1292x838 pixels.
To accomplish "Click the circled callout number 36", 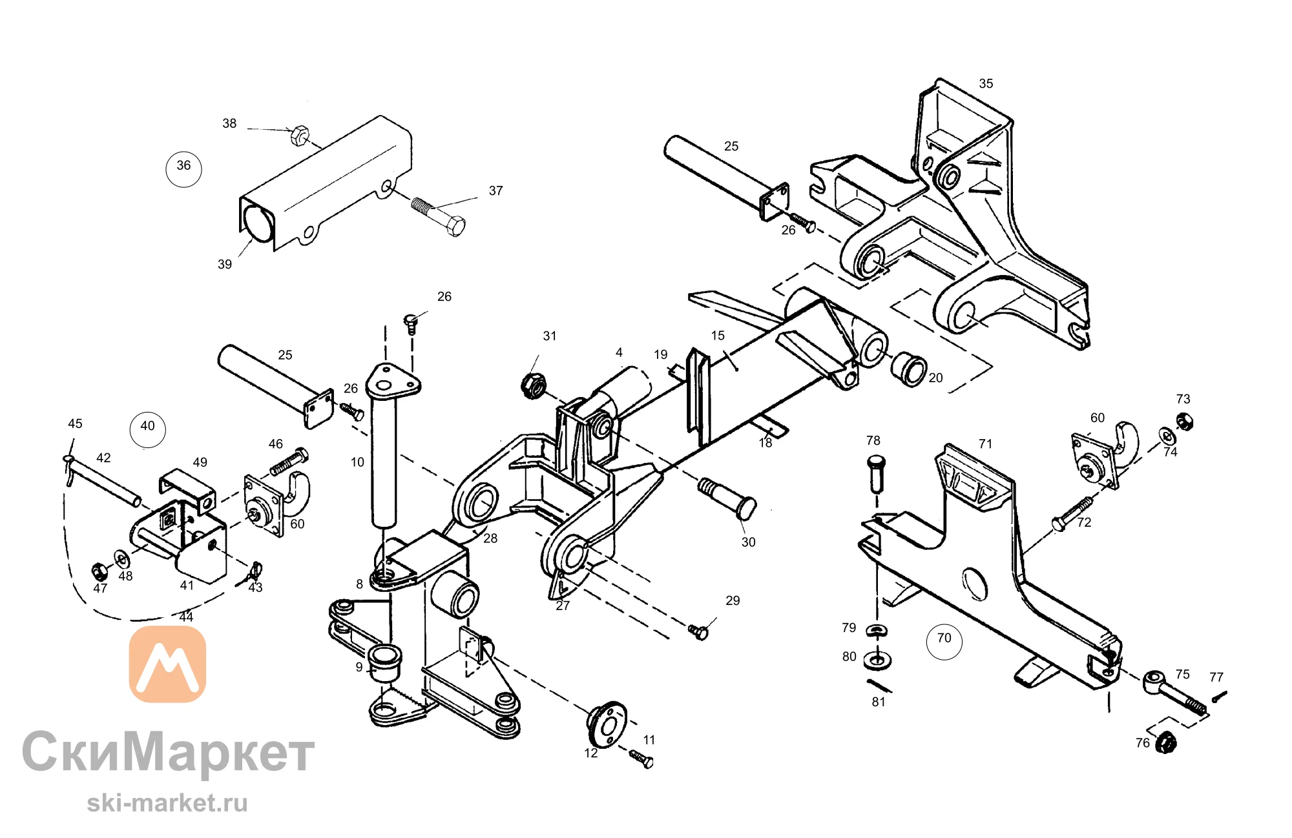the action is click(184, 169).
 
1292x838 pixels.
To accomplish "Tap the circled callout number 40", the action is click(148, 429).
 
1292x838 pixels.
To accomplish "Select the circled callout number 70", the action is click(944, 641).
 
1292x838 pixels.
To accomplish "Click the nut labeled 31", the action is click(533, 385).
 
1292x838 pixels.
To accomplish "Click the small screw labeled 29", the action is click(698, 631).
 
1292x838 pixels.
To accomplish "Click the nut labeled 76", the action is click(1165, 742).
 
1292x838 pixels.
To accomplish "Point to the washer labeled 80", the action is click(877, 661).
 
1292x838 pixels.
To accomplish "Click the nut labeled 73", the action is click(1184, 422).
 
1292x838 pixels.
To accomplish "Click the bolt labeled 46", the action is click(289, 461).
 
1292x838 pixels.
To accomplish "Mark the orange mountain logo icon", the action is click(168, 664).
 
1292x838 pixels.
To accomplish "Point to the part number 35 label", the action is click(986, 83).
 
